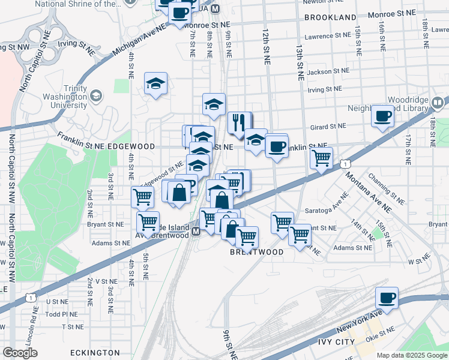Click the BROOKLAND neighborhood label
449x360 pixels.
tap(330, 17)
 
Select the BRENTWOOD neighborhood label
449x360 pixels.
tap(257, 253)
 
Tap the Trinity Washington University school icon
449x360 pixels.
tap(96, 96)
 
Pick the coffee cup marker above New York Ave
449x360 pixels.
tap(387, 298)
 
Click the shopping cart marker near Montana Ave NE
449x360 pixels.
tap(322, 158)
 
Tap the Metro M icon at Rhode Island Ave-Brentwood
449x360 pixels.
tap(195, 231)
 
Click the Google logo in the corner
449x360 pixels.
tap(20, 353)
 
